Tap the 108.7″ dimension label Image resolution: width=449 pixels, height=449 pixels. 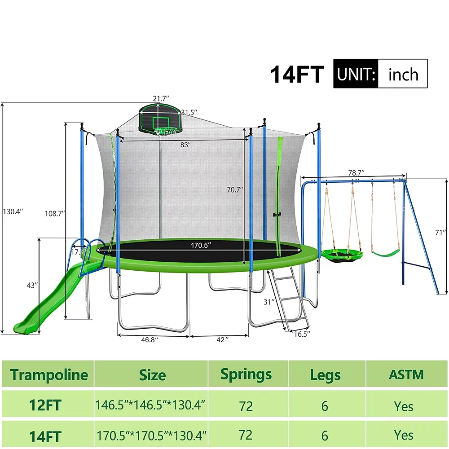54,213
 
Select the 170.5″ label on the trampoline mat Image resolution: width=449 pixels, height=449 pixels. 200,246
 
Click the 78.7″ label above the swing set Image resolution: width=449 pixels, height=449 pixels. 356,172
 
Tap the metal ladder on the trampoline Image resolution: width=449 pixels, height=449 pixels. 287,296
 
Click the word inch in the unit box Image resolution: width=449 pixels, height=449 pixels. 403,74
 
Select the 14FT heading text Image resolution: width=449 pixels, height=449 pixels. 297,75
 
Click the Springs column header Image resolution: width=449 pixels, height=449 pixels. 246,374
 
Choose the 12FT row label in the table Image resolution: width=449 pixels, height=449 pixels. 45,405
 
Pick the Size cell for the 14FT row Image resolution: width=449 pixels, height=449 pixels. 151,435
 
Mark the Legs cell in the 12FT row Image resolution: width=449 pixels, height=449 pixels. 325,406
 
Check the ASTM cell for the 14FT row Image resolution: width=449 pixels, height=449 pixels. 404,435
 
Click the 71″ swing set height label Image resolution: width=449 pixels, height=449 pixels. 441,232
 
